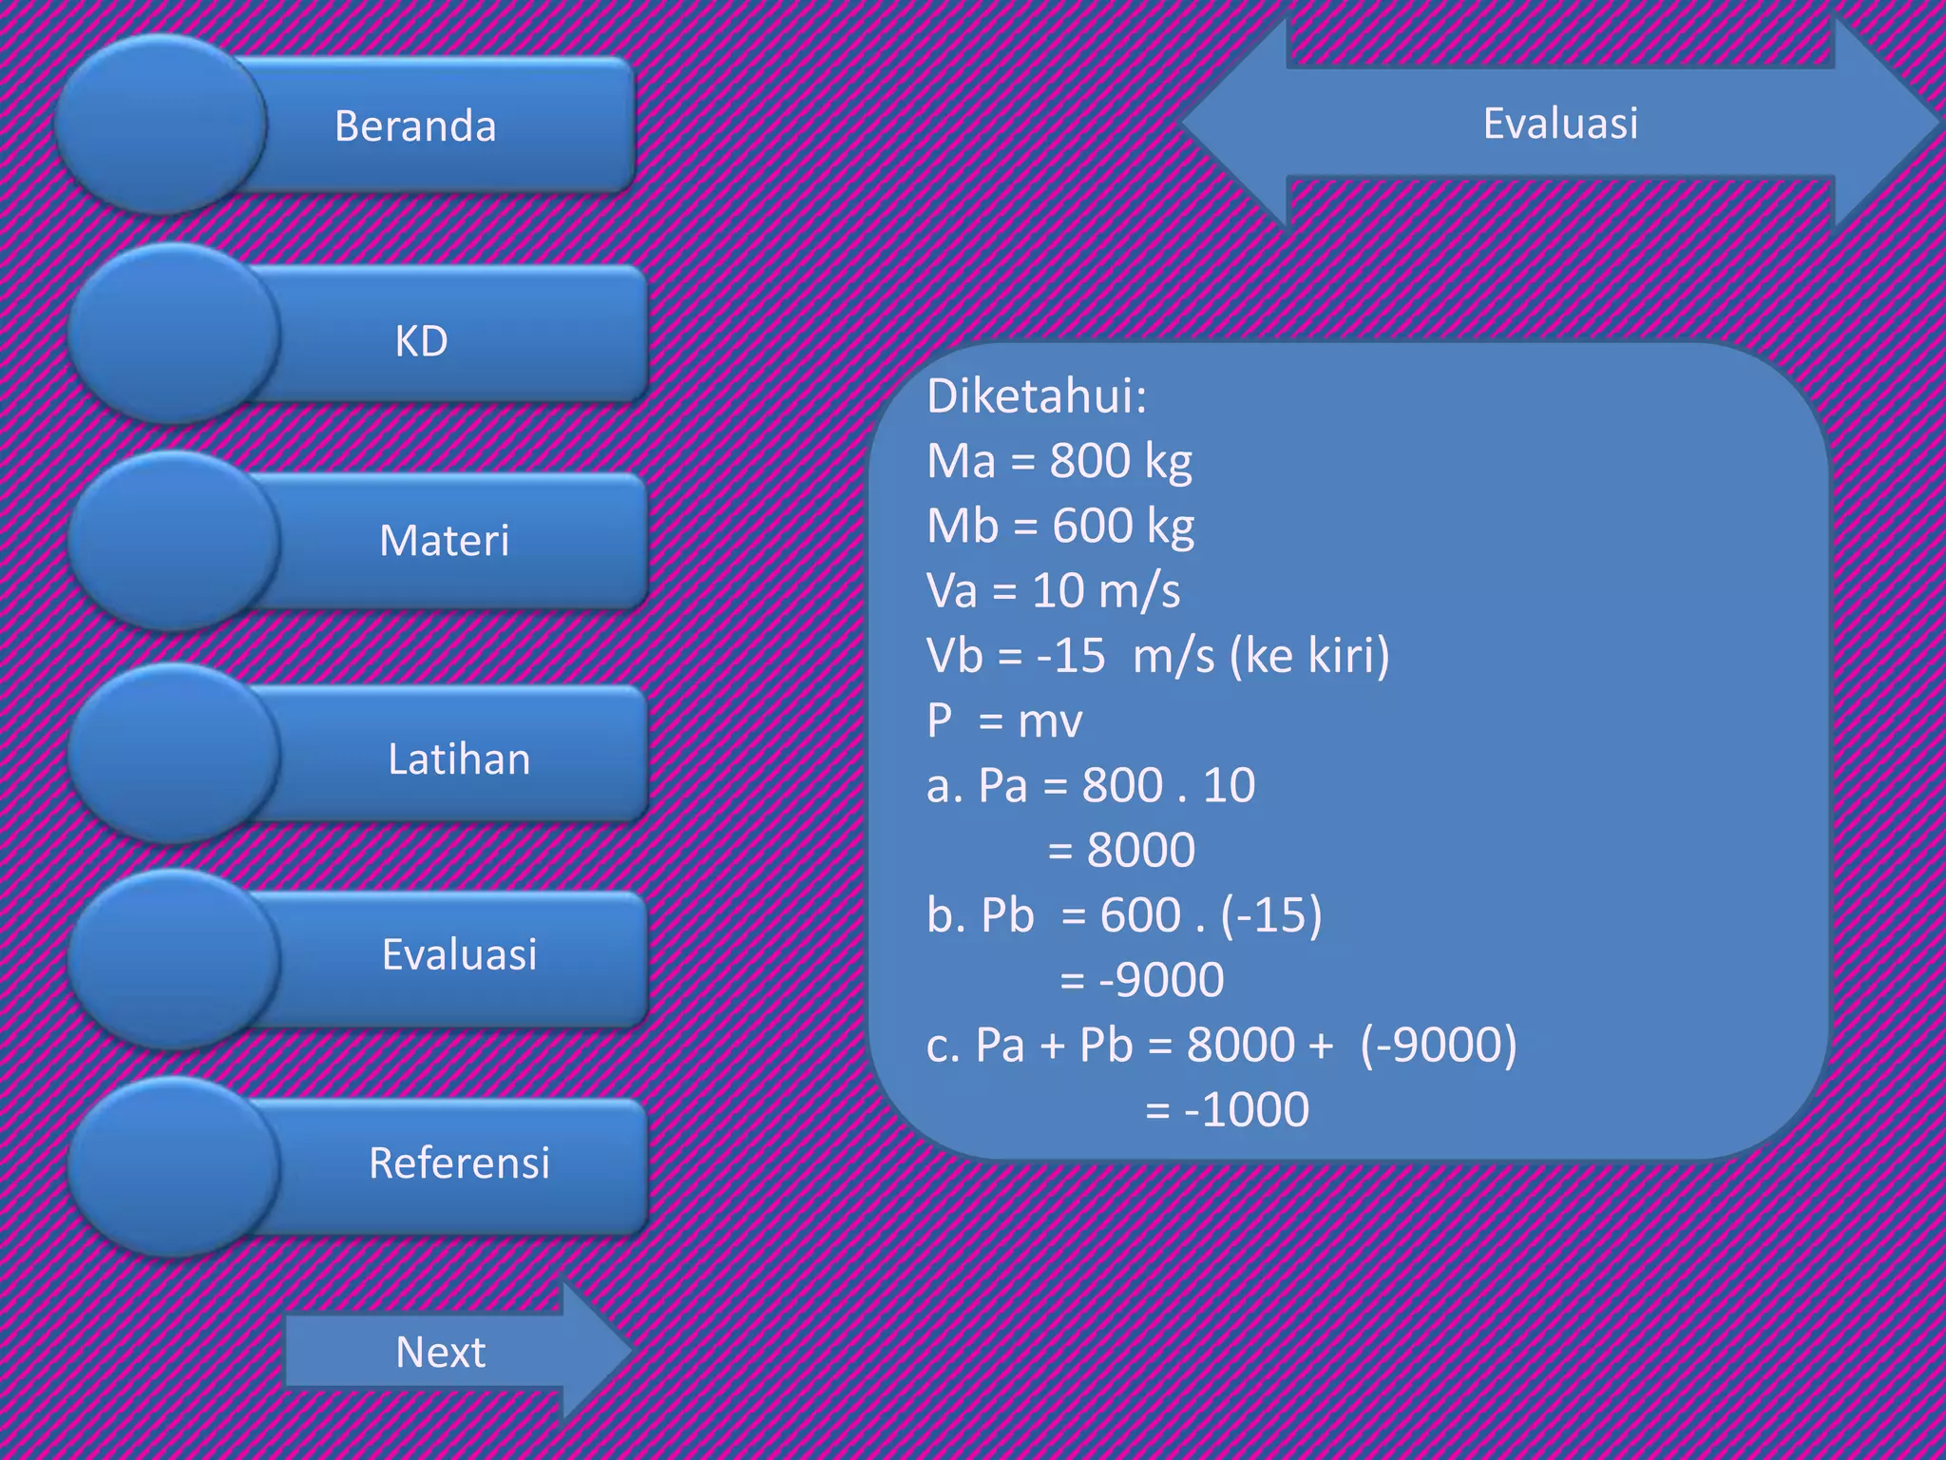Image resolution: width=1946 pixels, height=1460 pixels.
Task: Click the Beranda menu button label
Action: coord(415,126)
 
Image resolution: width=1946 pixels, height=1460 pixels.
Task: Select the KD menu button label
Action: coord(421,341)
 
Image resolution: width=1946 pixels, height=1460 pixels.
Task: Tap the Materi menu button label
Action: coord(444,541)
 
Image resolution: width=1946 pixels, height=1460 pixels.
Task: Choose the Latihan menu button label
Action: coord(459,759)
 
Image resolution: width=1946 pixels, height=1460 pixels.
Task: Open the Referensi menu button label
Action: coord(459,1162)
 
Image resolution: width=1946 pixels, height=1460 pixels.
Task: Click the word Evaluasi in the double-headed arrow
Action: coord(1560,124)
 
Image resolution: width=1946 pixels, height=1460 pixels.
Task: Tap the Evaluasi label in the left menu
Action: coord(459,954)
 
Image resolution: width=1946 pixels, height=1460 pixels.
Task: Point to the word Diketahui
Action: coord(1036,396)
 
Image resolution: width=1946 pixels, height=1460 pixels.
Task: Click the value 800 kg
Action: coord(1120,462)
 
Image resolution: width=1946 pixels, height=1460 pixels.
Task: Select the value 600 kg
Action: coord(1122,527)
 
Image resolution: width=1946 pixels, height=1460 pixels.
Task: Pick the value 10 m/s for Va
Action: coord(1106,591)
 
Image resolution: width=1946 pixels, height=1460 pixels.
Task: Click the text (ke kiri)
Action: coord(1308,656)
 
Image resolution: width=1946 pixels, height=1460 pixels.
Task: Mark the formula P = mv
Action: coord(1003,720)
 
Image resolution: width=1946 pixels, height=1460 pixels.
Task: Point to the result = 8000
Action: coord(1121,850)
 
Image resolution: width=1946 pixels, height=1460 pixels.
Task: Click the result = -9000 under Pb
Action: coord(1141,980)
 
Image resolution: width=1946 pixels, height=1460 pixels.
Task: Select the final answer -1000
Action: coord(1246,1109)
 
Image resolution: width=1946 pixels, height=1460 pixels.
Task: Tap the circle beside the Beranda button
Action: coord(160,124)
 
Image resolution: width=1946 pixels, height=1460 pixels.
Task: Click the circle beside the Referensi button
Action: coord(173,1166)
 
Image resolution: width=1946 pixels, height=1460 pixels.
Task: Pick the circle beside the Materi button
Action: coord(173,541)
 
